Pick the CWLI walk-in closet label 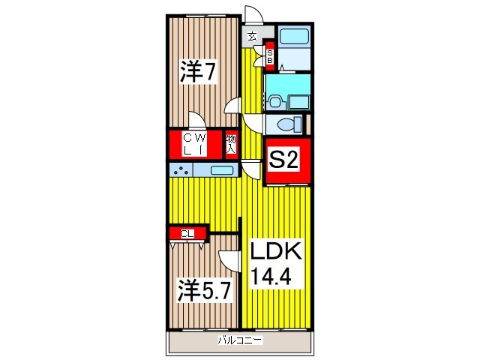[x=194, y=143]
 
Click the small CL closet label [x=187, y=234]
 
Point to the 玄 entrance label [x=252, y=35]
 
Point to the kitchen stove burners [x=180, y=170]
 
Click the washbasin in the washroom [x=274, y=100]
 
